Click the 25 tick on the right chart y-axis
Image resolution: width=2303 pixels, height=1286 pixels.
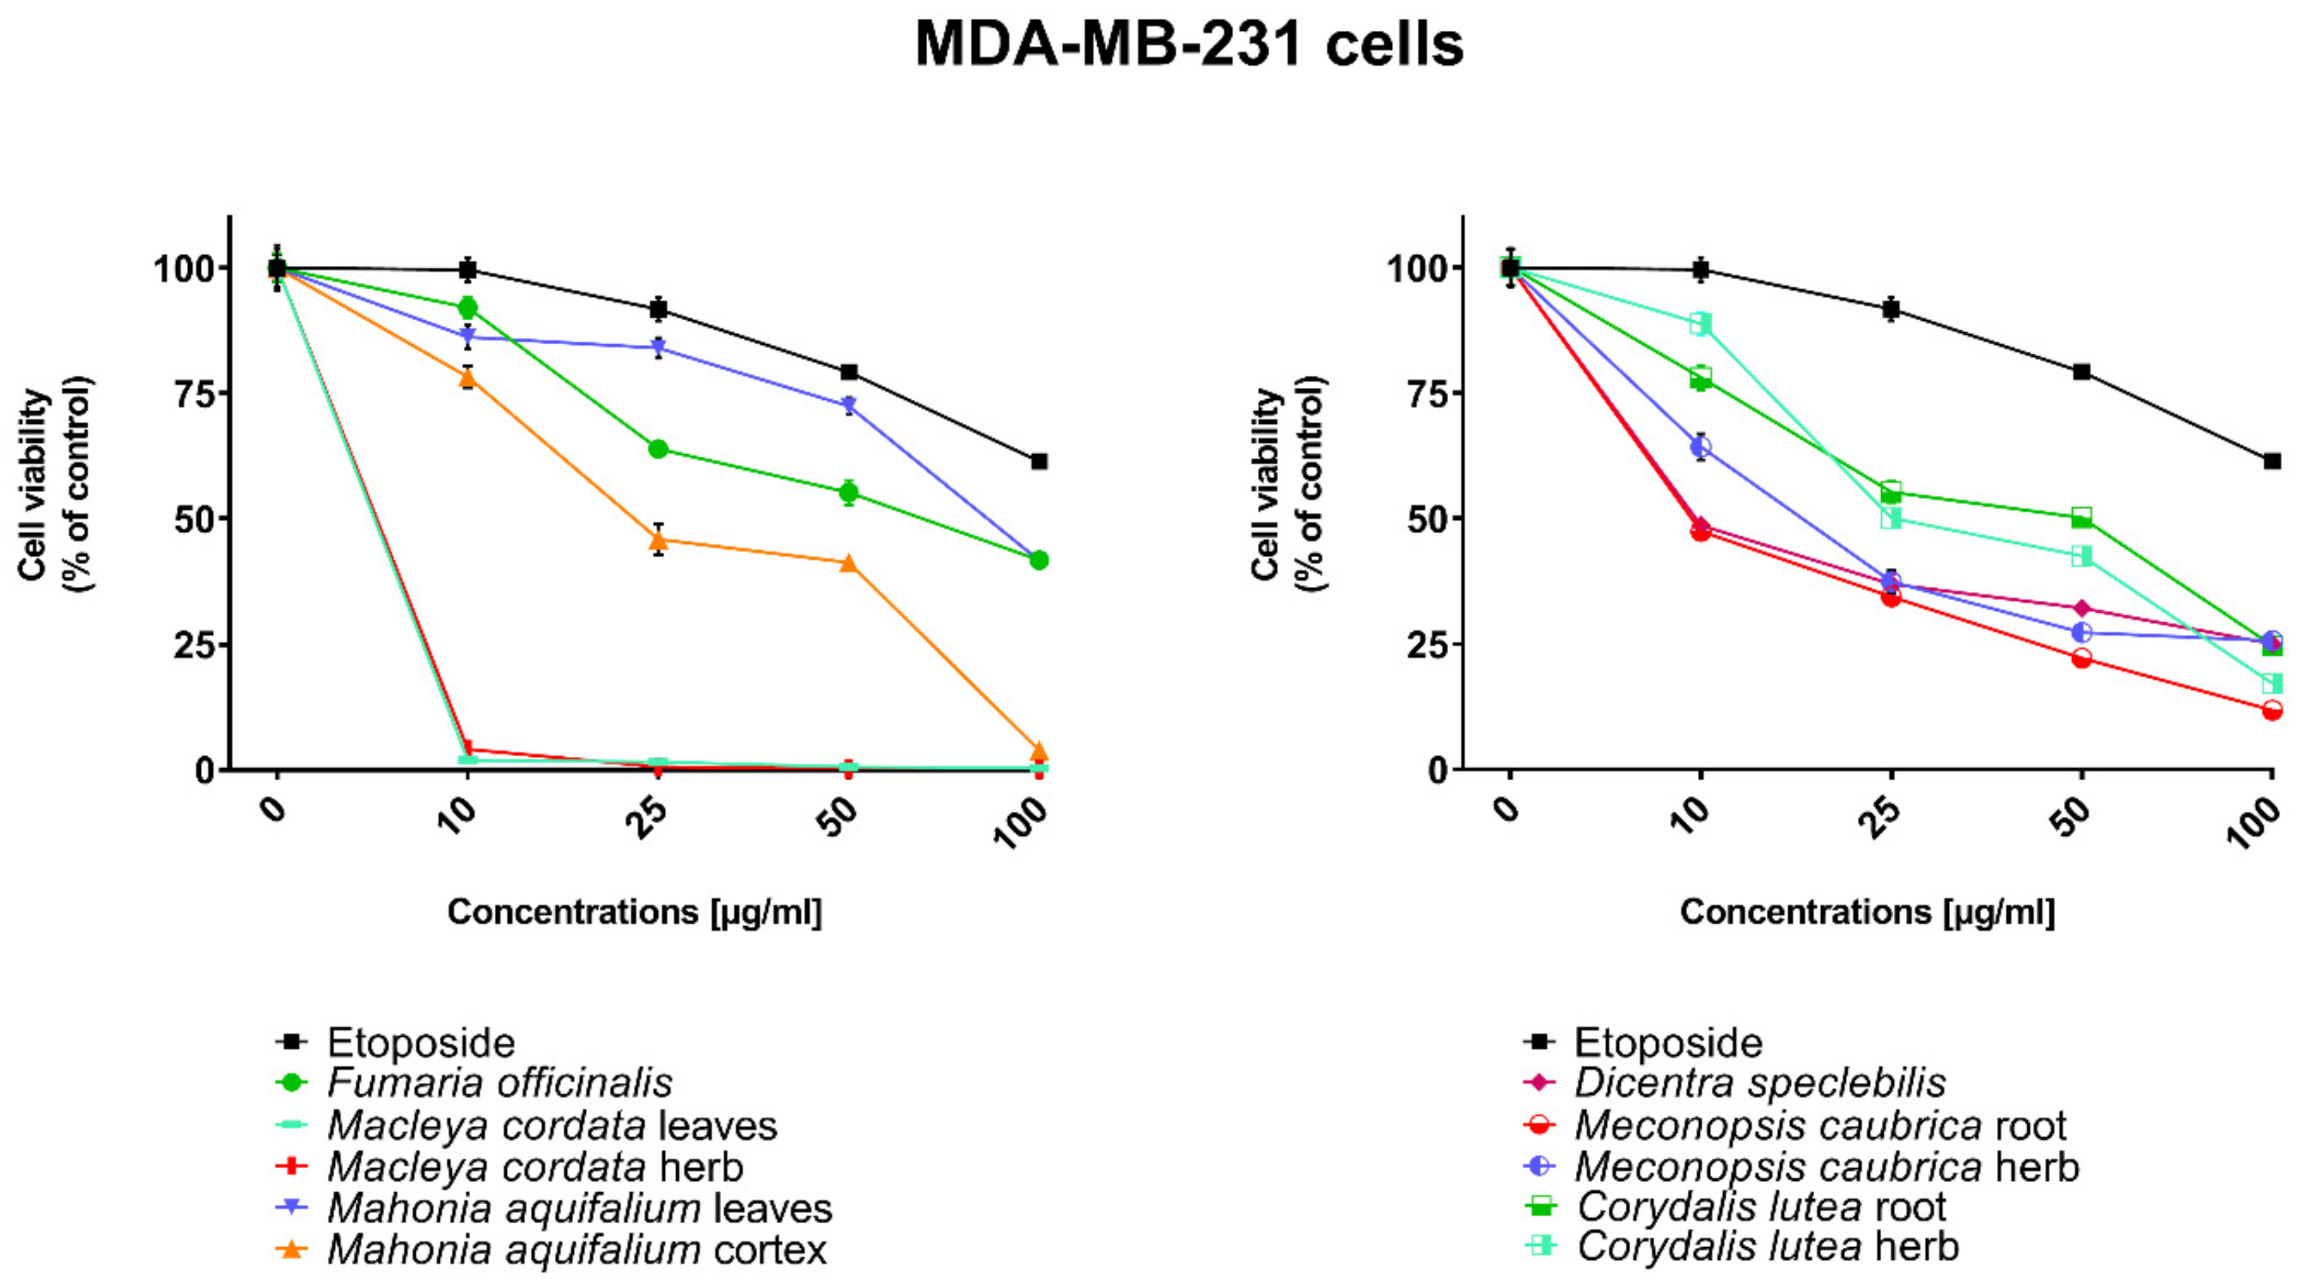click(1429, 644)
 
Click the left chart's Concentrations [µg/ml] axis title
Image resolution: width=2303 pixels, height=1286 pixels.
click(634, 912)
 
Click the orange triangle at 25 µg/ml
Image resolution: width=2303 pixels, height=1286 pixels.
click(658, 540)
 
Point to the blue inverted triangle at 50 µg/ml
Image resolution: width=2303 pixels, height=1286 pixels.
click(848, 406)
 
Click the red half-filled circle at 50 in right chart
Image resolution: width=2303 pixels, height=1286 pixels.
click(2081, 658)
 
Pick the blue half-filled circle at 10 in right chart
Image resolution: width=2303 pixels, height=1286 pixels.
click(1700, 446)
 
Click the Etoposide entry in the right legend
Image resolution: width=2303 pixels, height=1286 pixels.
click(1668, 1043)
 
